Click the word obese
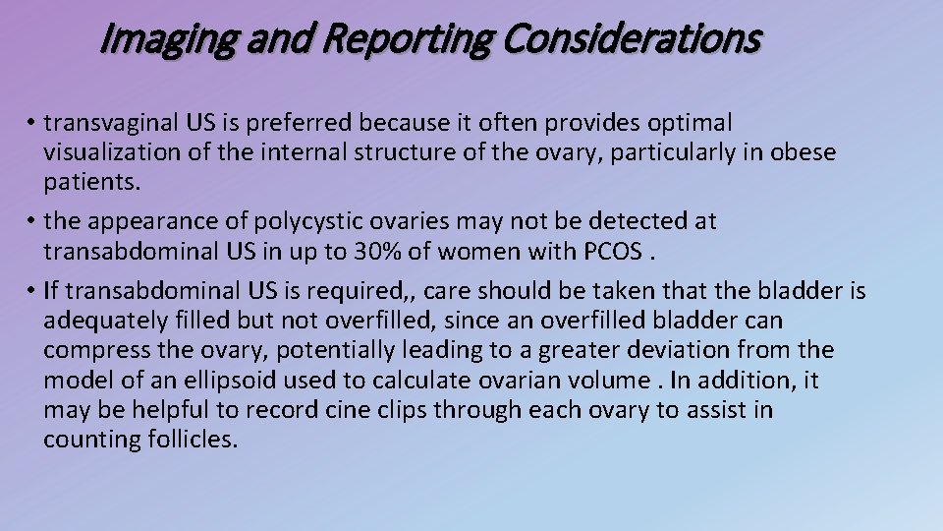tap(804, 153)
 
